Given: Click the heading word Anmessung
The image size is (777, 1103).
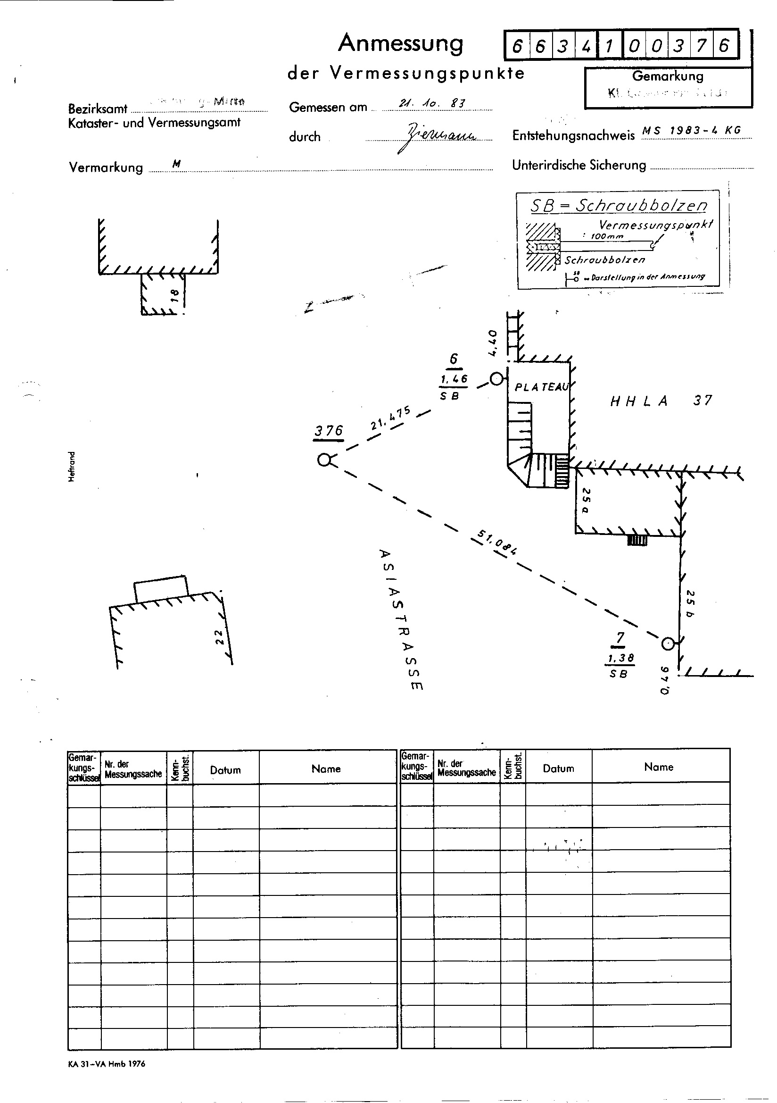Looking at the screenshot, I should tap(400, 44).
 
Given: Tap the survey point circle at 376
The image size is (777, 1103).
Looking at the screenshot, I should tap(325, 460).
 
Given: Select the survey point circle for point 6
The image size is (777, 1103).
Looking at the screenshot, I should tap(496, 379).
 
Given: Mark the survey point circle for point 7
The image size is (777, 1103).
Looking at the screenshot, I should tap(667, 643).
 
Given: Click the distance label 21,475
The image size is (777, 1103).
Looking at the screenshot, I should tap(390, 418).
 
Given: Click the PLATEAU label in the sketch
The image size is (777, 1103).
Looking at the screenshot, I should tap(542, 387).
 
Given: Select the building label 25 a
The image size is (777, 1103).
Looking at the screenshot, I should tap(586, 501).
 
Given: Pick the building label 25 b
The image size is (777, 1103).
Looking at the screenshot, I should tap(690, 603).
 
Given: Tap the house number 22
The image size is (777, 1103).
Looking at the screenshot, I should tap(218, 637).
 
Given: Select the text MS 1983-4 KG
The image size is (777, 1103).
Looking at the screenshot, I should tap(692, 130).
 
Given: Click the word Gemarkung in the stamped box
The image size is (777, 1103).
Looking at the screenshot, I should tap(668, 76).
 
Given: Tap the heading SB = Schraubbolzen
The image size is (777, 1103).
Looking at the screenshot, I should tap(619, 206).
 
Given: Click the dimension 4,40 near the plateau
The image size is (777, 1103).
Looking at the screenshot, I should tap(492, 343).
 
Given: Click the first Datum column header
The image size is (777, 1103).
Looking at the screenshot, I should tap(225, 770).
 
